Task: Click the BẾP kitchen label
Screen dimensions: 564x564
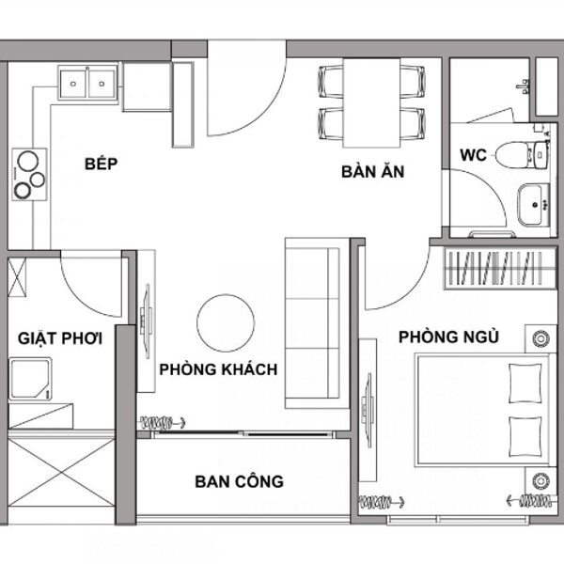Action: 102,164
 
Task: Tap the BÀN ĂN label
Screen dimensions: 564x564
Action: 373,171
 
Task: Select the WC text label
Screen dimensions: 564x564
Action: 473,155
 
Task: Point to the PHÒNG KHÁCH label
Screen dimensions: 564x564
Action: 218,369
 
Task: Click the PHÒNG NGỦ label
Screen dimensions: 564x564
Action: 448,337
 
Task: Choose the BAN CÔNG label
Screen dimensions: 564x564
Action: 239,481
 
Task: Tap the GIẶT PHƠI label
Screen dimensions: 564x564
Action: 60,338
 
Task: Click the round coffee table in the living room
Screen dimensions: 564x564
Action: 226,323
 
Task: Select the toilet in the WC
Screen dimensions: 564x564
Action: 523,155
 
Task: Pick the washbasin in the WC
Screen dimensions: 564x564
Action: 533,204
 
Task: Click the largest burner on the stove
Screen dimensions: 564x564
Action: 28,161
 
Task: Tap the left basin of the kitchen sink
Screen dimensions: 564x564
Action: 73,84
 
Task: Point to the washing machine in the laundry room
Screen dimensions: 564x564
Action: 30,379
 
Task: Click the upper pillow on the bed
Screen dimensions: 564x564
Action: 525,384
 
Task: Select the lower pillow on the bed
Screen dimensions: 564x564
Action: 525,437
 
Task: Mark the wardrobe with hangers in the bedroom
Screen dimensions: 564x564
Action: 500,268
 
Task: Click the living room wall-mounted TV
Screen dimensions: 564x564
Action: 148,321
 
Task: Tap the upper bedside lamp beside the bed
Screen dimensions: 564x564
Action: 540,338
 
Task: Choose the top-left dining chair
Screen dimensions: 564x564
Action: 331,82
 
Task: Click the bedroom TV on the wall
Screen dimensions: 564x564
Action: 368,411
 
